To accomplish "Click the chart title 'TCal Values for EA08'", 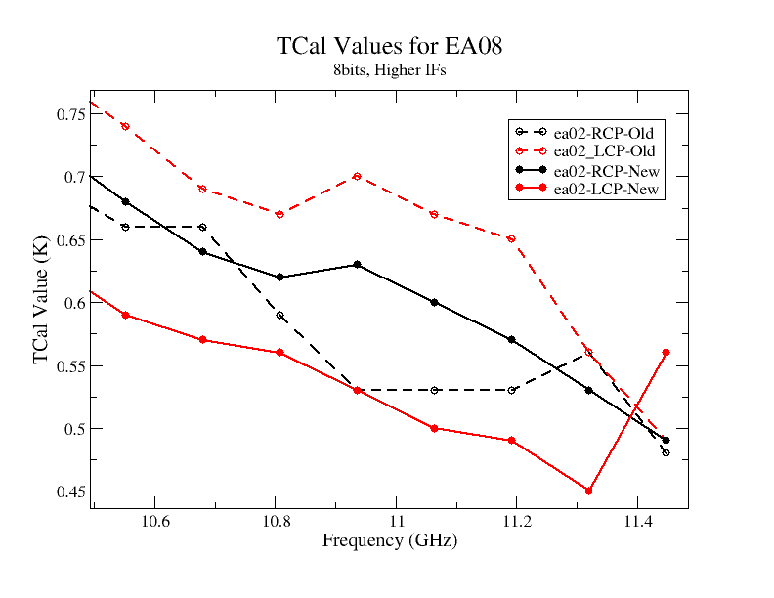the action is (389, 46).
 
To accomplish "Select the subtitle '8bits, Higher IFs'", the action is (390, 70).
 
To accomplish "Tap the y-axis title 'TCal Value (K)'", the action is (40, 300).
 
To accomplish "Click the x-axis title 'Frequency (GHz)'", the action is (390, 540).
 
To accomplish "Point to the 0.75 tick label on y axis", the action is (71, 114).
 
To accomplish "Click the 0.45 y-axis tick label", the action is (71, 491).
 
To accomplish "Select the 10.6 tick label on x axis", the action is (155, 521).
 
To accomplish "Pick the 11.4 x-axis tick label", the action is (638, 521).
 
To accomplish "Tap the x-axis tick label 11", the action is (397, 521).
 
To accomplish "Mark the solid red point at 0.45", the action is (588, 491).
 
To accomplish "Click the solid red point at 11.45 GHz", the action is (666, 353).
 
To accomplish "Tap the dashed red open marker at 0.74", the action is (125, 127).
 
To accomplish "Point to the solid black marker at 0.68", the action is (125, 202).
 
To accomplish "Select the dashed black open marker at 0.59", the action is (279, 315).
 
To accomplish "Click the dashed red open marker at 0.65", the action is (511, 238).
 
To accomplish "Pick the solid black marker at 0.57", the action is (511, 339).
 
